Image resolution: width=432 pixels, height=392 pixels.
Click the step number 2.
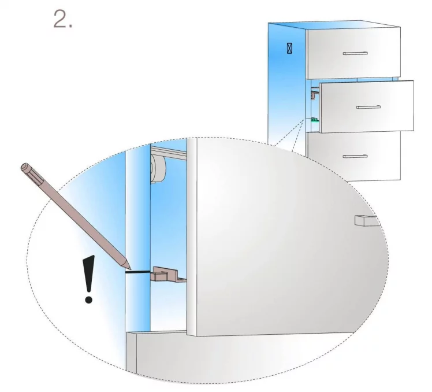63,19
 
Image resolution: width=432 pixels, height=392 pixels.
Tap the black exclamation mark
89,279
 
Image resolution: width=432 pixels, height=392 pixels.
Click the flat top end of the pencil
24,167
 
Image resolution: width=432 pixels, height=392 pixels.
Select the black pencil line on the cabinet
138,272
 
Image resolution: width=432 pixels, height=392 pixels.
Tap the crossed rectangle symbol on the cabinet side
289,48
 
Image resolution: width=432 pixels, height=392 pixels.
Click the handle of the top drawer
355,53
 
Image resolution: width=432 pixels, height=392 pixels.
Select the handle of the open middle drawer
368,107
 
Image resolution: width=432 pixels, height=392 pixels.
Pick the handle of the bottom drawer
355,157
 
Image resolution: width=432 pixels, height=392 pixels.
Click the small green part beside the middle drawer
314,120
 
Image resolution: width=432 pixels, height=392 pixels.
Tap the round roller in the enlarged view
158,169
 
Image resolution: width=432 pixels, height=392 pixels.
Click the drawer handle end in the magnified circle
367,221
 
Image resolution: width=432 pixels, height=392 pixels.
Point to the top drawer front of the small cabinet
354,53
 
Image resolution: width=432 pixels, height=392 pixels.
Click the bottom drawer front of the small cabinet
354,156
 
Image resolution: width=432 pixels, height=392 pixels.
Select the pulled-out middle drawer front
367,107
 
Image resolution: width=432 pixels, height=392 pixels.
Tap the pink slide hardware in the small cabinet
314,94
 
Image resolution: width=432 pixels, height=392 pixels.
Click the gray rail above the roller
168,153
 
